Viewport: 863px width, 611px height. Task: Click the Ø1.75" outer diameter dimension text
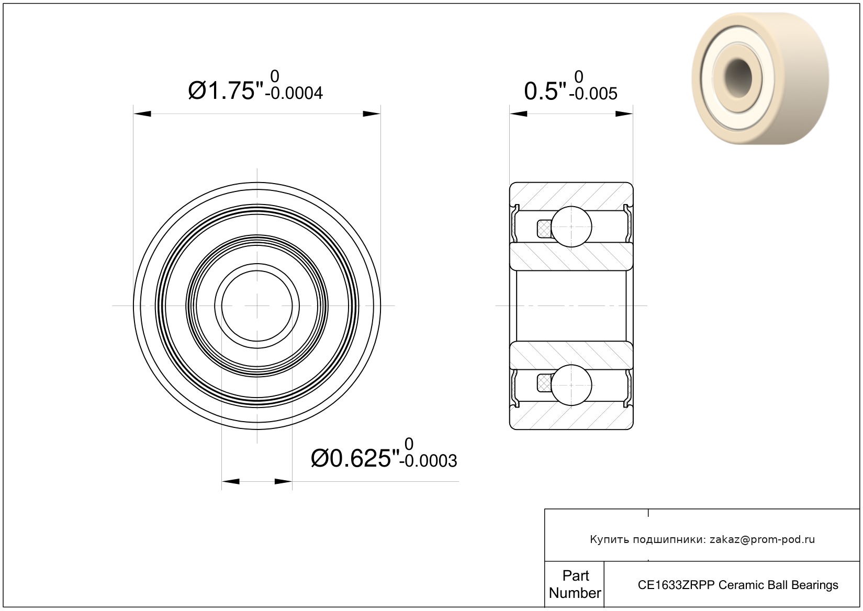coord(226,91)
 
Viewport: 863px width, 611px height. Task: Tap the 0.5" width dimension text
coord(545,92)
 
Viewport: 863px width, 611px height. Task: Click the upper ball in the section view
coord(571,227)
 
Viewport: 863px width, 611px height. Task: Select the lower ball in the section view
coord(571,385)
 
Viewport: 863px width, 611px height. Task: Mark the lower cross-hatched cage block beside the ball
coord(544,383)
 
